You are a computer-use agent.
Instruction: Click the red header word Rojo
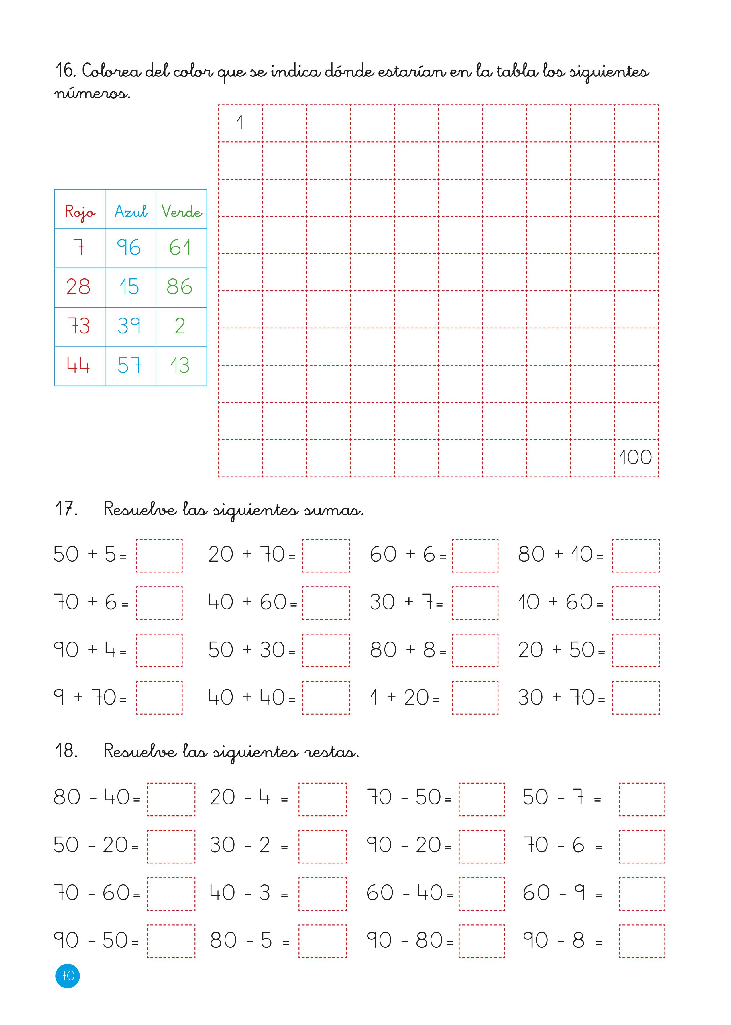pos(80,211)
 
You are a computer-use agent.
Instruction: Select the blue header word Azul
pos(131,211)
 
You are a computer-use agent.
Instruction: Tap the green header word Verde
pos(181,211)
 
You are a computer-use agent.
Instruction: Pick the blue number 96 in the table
pos(129,247)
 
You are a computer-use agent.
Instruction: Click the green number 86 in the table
pos(180,287)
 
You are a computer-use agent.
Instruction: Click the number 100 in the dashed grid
pos(635,458)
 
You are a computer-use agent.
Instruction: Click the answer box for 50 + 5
pos(159,556)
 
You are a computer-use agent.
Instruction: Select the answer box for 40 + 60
pos(326,603)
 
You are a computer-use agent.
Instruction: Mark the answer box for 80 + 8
pos(475,650)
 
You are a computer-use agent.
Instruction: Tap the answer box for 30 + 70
pos(636,698)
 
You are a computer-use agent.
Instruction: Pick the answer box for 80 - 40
pos(171,799)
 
